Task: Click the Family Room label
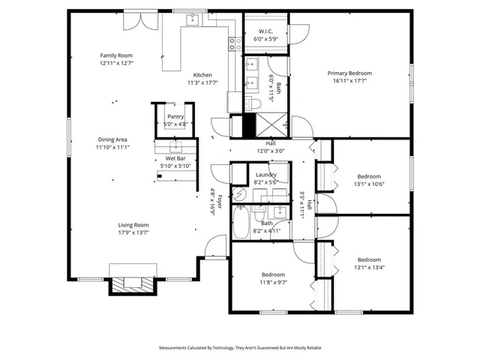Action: click(x=117, y=55)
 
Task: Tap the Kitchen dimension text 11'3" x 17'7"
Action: click(x=202, y=82)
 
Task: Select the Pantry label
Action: click(x=175, y=116)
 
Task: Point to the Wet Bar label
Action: click(x=175, y=159)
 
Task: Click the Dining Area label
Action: click(x=112, y=139)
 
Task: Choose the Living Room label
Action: click(x=133, y=225)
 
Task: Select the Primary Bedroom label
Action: click(x=349, y=73)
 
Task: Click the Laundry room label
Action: click(x=266, y=174)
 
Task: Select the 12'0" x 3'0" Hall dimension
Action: click(x=271, y=150)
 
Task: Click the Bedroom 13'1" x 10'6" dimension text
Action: click(x=369, y=184)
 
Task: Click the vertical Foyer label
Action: click(x=213, y=201)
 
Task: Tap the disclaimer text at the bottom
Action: click(x=240, y=348)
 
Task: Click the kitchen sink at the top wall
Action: click(x=193, y=19)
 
